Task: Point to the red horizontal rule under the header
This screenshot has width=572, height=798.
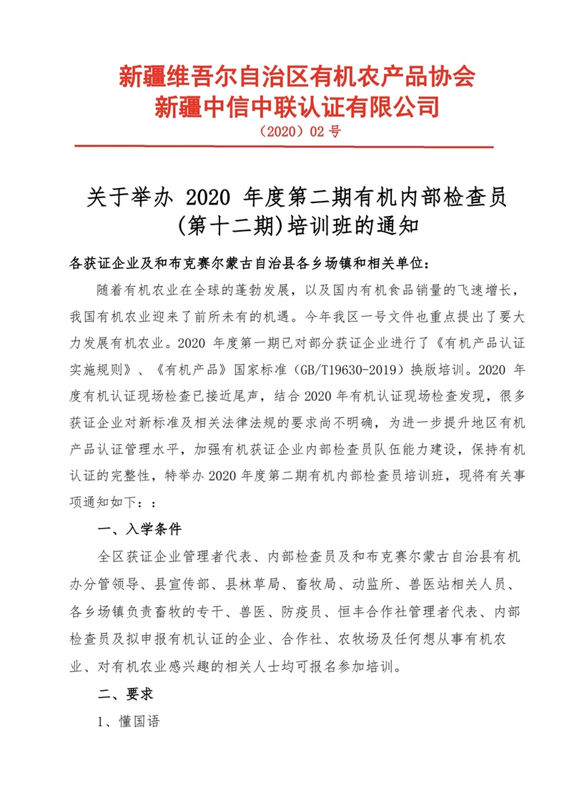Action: coord(295,147)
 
